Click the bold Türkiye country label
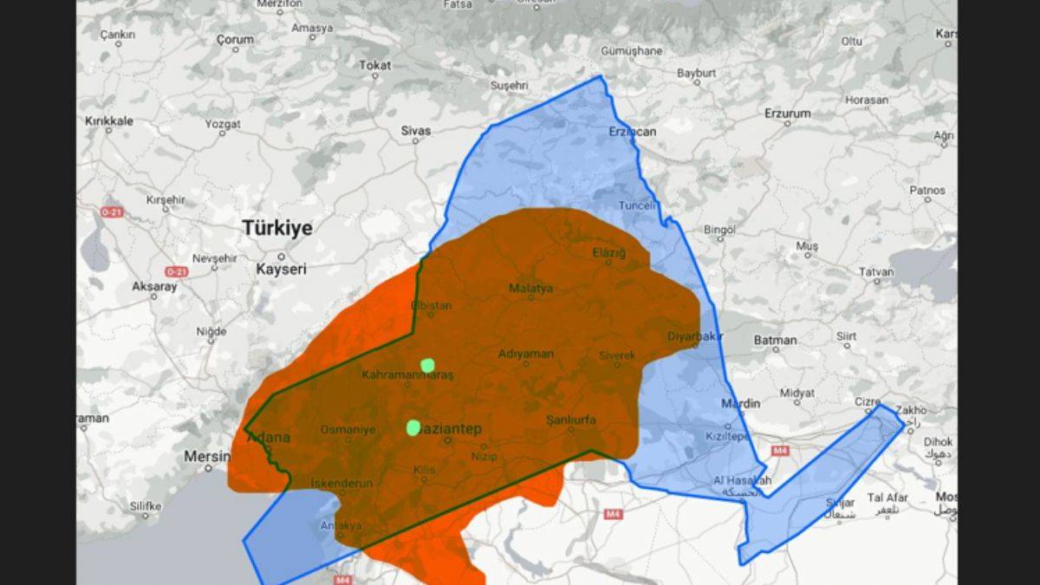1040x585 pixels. click(x=277, y=228)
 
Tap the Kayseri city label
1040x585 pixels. click(x=281, y=270)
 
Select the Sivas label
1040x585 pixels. click(x=416, y=130)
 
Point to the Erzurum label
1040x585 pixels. click(x=787, y=114)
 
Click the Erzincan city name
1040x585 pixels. click(x=633, y=132)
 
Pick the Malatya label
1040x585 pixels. click(x=530, y=289)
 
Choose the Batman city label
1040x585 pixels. click(x=775, y=340)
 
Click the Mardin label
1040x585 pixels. click(x=741, y=403)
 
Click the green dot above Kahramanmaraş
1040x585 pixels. click(x=426, y=365)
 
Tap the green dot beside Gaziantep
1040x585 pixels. click(x=413, y=426)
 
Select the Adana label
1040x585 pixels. click(x=269, y=438)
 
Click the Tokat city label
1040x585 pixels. click(x=375, y=65)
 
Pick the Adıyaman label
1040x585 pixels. click(x=525, y=354)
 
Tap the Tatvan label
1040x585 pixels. click(x=876, y=271)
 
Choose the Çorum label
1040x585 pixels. click(x=235, y=39)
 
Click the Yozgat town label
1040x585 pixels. click(x=223, y=124)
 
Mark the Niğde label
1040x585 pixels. click(x=211, y=331)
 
